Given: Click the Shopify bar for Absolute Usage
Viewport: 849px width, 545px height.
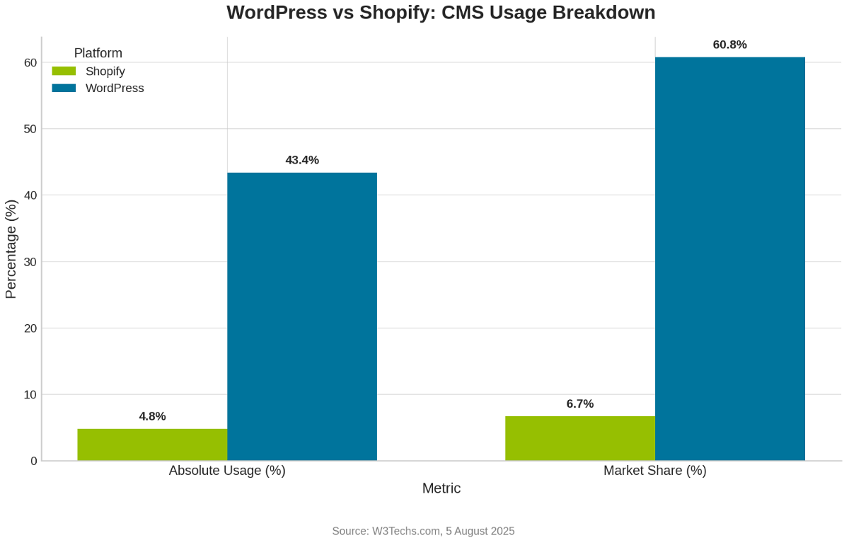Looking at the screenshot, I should tap(152, 444).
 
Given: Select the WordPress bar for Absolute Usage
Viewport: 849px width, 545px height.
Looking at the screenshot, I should tap(302, 316).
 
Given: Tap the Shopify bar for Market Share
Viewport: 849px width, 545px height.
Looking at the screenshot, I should tap(580, 438).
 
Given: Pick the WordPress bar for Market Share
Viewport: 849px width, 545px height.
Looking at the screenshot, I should tap(730, 259).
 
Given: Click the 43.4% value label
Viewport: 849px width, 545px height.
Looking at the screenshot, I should tap(302, 160).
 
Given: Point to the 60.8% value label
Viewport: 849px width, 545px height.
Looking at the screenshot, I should tap(729, 45).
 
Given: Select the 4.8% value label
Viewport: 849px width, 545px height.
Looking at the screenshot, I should tap(152, 416).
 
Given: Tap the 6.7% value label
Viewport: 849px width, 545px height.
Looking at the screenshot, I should tap(580, 403).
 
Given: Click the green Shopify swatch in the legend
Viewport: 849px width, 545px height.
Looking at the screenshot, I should tap(64, 71).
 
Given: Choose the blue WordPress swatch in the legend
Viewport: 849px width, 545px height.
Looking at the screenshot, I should tap(64, 88).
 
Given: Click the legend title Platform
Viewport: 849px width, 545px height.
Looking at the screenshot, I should tap(98, 53).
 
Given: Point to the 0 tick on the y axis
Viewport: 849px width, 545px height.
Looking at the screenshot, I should tap(33, 461).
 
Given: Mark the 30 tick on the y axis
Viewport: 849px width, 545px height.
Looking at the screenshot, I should tap(30, 262).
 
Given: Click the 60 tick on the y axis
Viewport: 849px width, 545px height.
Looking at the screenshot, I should tap(30, 62).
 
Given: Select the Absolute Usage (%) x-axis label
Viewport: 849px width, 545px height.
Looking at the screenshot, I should tap(227, 471).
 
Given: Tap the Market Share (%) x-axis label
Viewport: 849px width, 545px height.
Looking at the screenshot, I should tap(655, 471).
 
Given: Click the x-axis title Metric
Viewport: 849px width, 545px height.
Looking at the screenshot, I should tap(441, 488).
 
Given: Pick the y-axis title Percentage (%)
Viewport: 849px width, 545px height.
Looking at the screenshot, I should tap(11, 249).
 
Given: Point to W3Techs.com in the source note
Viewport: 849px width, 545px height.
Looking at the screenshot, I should tap(406, 531).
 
